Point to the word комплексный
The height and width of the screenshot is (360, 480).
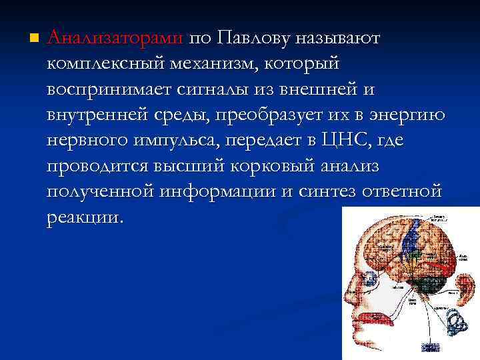(107, 65)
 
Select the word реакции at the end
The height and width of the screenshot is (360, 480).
(85, 217)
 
